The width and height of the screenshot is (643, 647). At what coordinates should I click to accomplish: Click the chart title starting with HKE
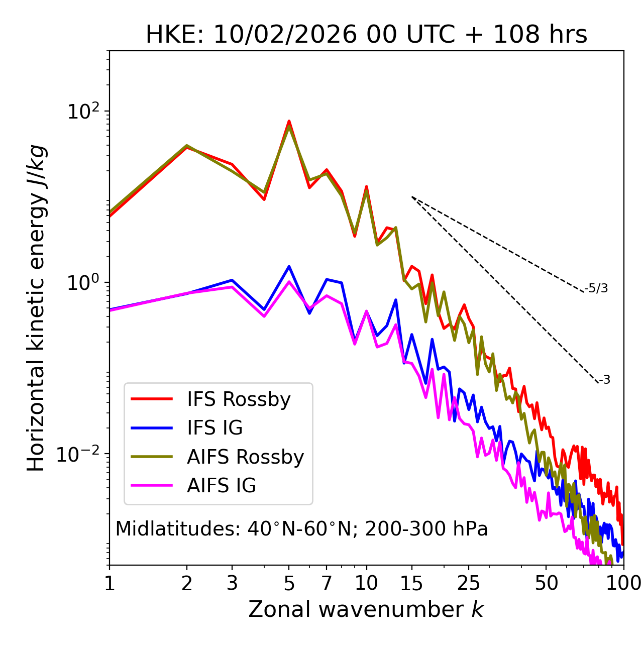point(366,35)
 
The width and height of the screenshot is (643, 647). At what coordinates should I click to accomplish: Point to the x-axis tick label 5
point(289,583)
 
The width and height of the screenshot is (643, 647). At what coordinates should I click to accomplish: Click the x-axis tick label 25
point(468,583)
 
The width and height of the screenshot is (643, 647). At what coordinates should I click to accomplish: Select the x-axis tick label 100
point(624,583)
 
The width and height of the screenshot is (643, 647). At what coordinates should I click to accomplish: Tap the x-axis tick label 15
point(411,583)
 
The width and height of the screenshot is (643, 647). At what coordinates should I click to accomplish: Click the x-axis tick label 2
point(187,583)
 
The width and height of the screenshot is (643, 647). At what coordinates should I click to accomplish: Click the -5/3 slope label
point(596,288)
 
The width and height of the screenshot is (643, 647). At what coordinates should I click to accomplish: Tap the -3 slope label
point(604,380)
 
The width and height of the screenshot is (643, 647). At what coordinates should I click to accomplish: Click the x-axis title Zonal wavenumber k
point(366,609)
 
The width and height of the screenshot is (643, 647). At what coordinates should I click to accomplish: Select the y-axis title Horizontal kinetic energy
point(36,308)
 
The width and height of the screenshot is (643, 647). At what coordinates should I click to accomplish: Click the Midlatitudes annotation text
point(301,529)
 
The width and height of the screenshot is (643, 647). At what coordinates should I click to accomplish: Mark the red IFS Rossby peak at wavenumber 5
point(289,121)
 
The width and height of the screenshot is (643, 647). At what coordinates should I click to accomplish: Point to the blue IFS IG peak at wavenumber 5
point(289,266)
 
